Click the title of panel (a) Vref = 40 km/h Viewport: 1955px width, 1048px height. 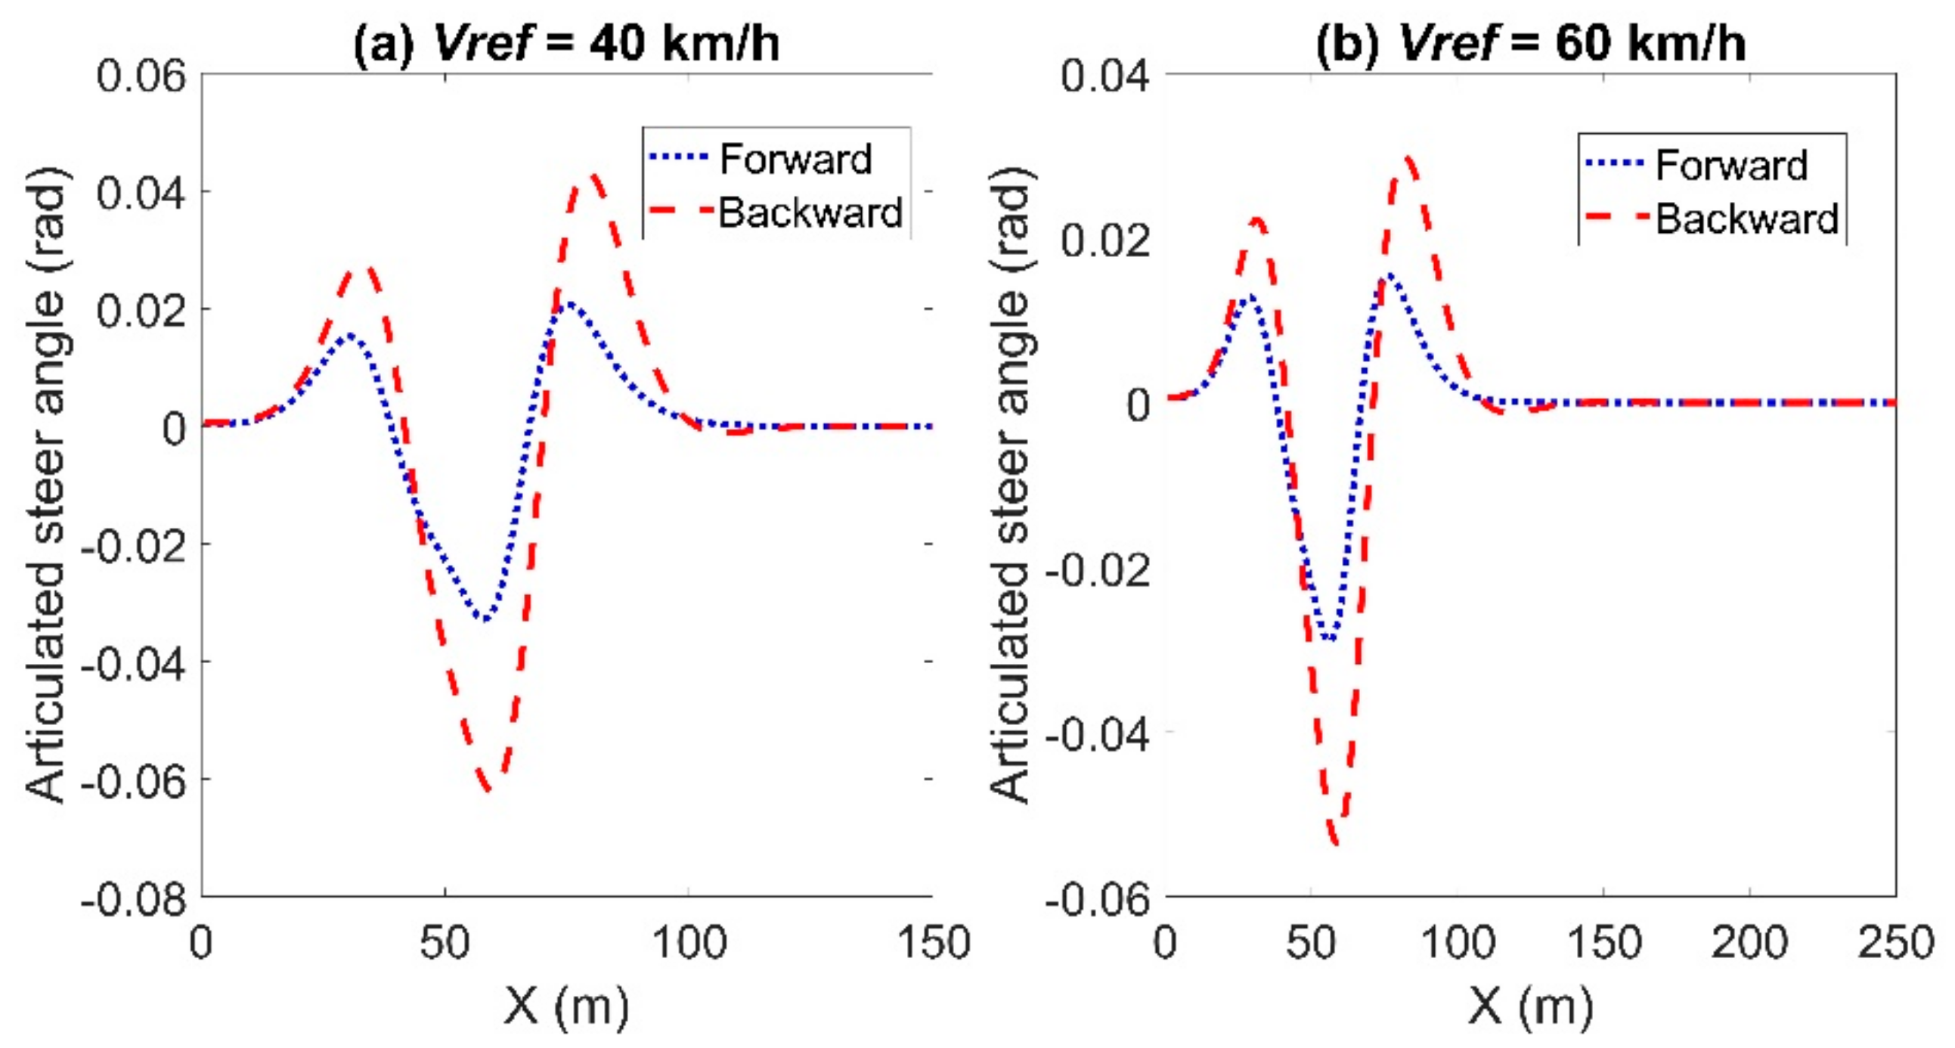click(x=566, y=43)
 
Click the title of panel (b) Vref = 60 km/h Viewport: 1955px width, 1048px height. click(x=1530, y=43)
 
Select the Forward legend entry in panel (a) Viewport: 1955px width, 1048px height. click(x=795, y=160)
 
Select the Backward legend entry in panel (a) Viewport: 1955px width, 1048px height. click(x=809, y=212)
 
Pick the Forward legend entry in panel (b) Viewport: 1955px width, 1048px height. click(x=1731, y=166)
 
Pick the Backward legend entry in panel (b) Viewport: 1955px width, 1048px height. click(x=1746, y=219)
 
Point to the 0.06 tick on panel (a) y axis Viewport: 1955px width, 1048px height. click(x=141, y=76)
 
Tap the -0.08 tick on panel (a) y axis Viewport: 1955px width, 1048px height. click(x=135, y=900)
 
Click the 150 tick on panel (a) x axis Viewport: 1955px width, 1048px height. click(x=933, y=944)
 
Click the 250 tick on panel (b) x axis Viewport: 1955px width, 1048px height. click(x=1895, y=944)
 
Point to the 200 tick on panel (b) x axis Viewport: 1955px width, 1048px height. click(x=1749, y=944)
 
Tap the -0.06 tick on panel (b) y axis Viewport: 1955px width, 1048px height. click(x=1098, y=900)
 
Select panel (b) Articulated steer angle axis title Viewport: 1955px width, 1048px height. click(x=1011, y=485)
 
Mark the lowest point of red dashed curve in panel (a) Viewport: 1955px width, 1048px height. click(x=488, y=789)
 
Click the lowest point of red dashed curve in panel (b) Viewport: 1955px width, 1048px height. click(x=1336, y=842)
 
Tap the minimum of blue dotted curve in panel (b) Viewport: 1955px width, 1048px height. click(x=1330, y=639)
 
